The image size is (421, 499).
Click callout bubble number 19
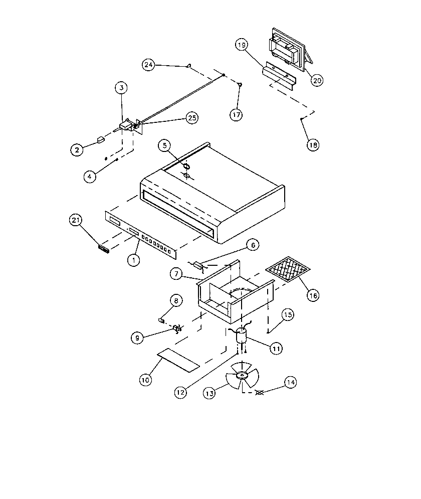(242, 45)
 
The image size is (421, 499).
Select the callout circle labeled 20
(317, 81)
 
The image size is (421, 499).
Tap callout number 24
(148, 65)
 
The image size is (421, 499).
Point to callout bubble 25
(192, 118)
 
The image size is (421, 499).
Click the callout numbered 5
(164, 146)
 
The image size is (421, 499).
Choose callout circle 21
(76, 220)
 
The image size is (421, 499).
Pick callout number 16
(313, 296)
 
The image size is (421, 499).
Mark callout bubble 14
(291, 382)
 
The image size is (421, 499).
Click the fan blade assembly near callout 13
(242, 375)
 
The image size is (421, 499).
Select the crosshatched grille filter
(288, 269)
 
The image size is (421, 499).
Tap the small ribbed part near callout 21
(104, 249)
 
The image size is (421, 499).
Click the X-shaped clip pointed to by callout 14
(260, 392)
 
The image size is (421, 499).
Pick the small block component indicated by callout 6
(199, 265)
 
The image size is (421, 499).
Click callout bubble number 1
(133, 260)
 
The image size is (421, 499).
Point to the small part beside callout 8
(161, 320)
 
